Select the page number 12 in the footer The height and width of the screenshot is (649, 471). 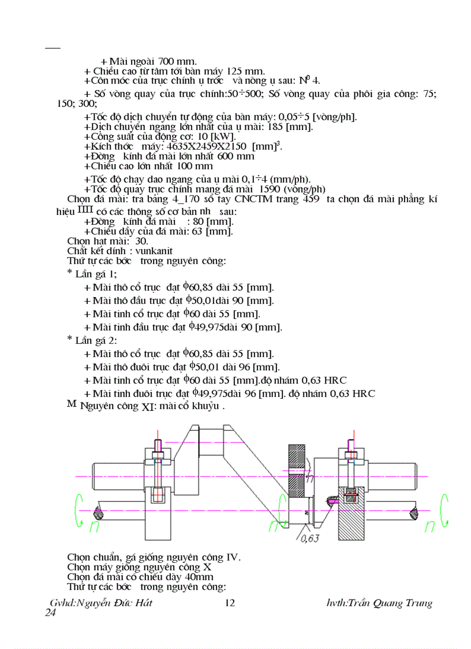point(229,603)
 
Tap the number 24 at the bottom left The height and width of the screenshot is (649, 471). point(50,613)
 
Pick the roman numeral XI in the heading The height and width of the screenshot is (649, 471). point(148,407)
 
